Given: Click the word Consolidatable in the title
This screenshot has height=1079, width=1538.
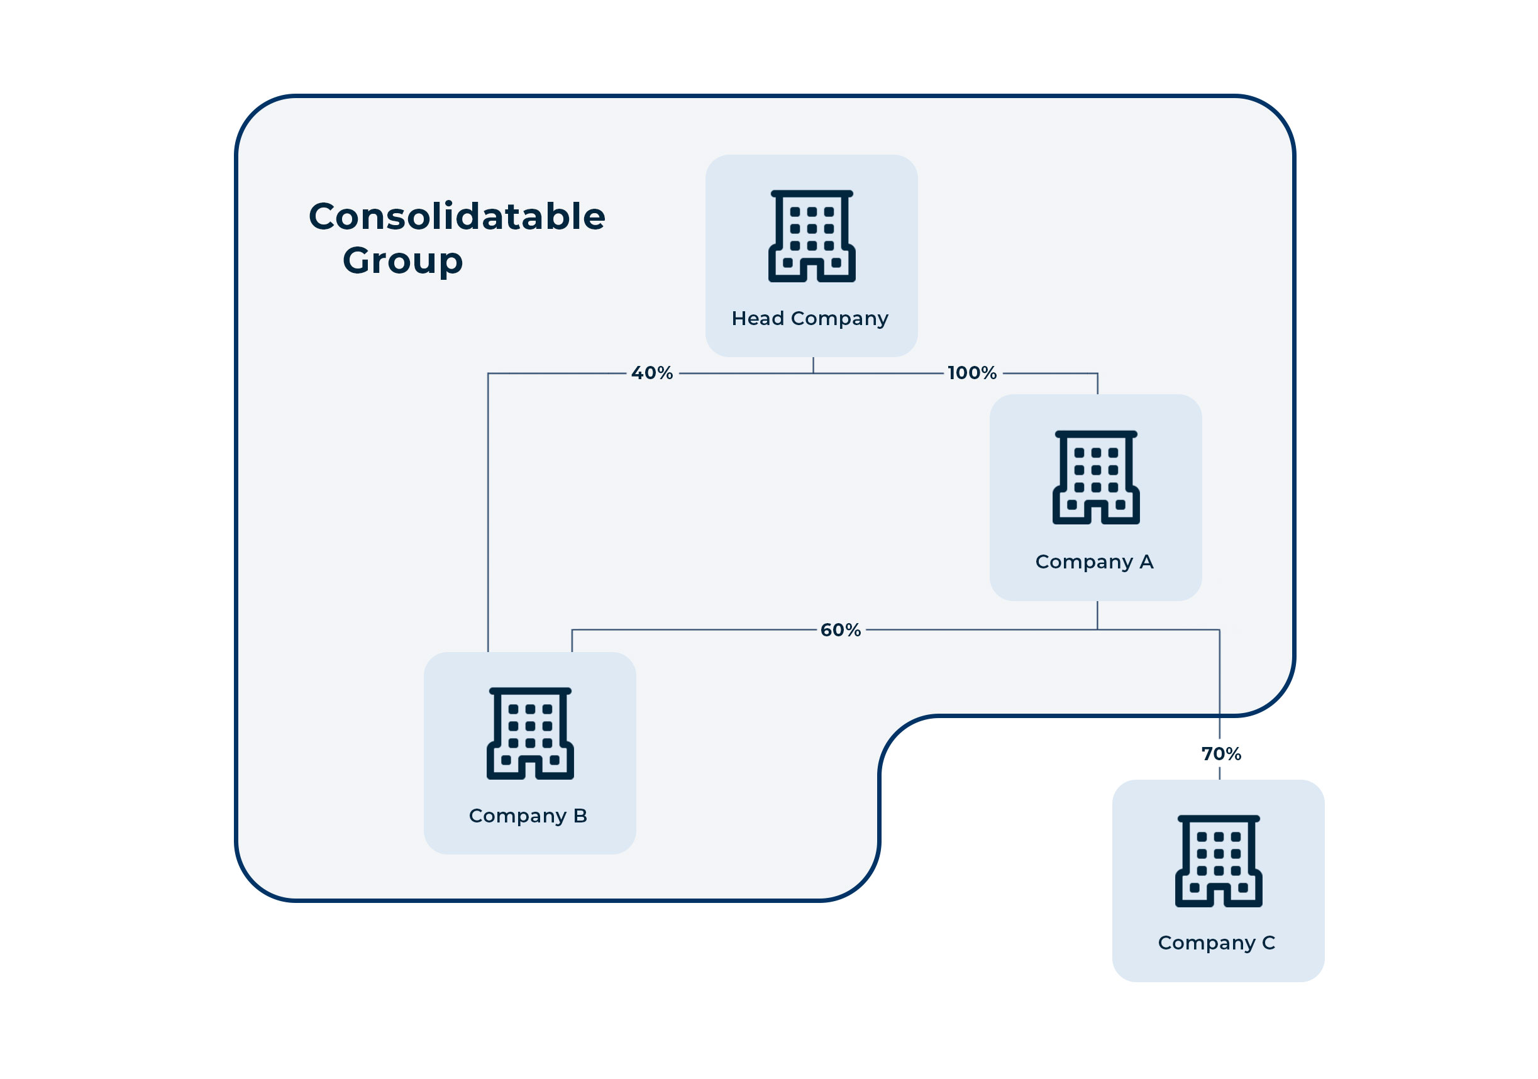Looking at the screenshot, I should click(x=457, y=217).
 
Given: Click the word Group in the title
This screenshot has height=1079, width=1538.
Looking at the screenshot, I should click(x=402, y=260).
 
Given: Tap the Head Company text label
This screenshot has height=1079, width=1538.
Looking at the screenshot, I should click(x=810, y=319).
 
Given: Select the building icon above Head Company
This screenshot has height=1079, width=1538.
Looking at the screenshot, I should click(x=812, y=236).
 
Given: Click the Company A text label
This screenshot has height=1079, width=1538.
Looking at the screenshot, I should click(x=1095, y=562).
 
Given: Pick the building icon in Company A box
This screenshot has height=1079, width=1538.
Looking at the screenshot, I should click(x=1096, y=477).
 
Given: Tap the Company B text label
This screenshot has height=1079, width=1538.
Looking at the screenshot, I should click(x=528, y=816).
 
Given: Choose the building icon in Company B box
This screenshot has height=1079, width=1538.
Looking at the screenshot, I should click(x=530, y=733).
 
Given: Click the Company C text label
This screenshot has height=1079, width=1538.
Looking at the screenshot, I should click(x=1217, y=943).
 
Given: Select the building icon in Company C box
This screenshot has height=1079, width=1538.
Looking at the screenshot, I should click(x=1219, y=861).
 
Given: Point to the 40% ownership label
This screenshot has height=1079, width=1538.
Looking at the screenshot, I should click(x=652, y=373).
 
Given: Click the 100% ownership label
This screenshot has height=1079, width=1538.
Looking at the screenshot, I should click(x=972, y=373).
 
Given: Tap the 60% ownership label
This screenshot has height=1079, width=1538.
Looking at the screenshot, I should click(x=840, y=630).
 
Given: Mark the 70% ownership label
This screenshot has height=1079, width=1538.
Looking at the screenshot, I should click(x=1221, y=754).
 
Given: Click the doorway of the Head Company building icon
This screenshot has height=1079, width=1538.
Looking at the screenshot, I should click(x=812, y=270).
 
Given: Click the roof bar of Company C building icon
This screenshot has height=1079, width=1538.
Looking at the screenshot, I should click(x=1219, y=819).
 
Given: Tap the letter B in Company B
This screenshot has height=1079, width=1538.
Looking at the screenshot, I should click(x=580, y=816).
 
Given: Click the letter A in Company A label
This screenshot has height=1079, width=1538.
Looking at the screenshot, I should click(x=1146, y=562).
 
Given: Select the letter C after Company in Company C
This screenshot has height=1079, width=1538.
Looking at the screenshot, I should click(x=1268, y=943).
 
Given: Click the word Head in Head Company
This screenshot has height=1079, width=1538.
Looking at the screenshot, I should click(x=758, y=319).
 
